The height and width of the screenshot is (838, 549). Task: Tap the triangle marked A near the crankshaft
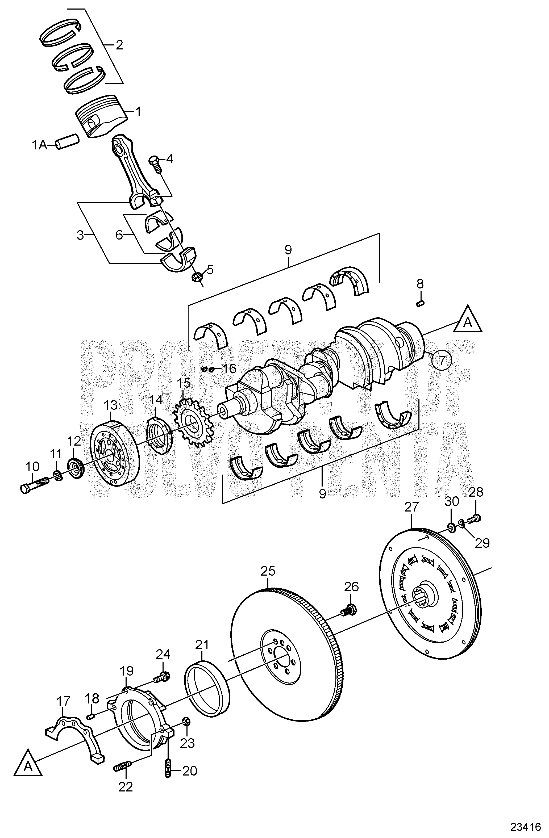click(x=468, y=321)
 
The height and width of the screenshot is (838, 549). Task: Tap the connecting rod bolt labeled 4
click(x=156, y=164)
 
